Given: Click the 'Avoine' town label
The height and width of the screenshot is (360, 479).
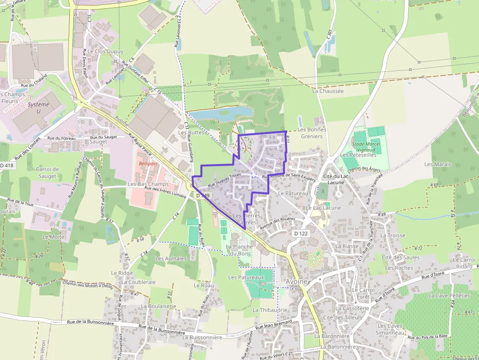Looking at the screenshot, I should (x=297, y=282).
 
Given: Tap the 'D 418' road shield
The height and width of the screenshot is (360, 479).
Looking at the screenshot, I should (x=6, y=166).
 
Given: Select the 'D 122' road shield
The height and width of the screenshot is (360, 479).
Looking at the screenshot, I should (x=301, y=234).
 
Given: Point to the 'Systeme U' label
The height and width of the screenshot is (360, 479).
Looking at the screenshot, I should (x=39, y=108).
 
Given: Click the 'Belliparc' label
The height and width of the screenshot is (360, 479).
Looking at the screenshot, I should (x=149, y=164).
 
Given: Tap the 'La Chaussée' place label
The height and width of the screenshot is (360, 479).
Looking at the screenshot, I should (x=328, y=91).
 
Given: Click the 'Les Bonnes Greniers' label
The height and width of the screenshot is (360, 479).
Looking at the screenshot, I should (x=312, y=133).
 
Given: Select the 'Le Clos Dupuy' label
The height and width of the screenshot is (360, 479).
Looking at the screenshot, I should (x=106, y=51).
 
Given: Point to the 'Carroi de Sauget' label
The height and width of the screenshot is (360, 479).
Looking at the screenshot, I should (x=47, y=172).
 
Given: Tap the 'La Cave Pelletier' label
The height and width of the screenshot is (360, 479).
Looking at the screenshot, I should (x=449, y=296).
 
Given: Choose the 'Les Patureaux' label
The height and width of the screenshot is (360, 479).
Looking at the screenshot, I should (x=246, y=277).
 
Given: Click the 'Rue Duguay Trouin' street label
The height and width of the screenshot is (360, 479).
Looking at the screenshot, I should (x=225, y=183).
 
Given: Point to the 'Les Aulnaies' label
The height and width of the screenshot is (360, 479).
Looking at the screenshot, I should (x=171, y=258).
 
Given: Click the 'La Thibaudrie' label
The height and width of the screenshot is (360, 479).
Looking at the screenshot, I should (x=270, y=310).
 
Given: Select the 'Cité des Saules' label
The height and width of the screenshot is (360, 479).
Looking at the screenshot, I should (x=400, y=257).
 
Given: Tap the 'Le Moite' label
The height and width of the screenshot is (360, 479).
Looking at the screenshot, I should (x=53, y=237).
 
